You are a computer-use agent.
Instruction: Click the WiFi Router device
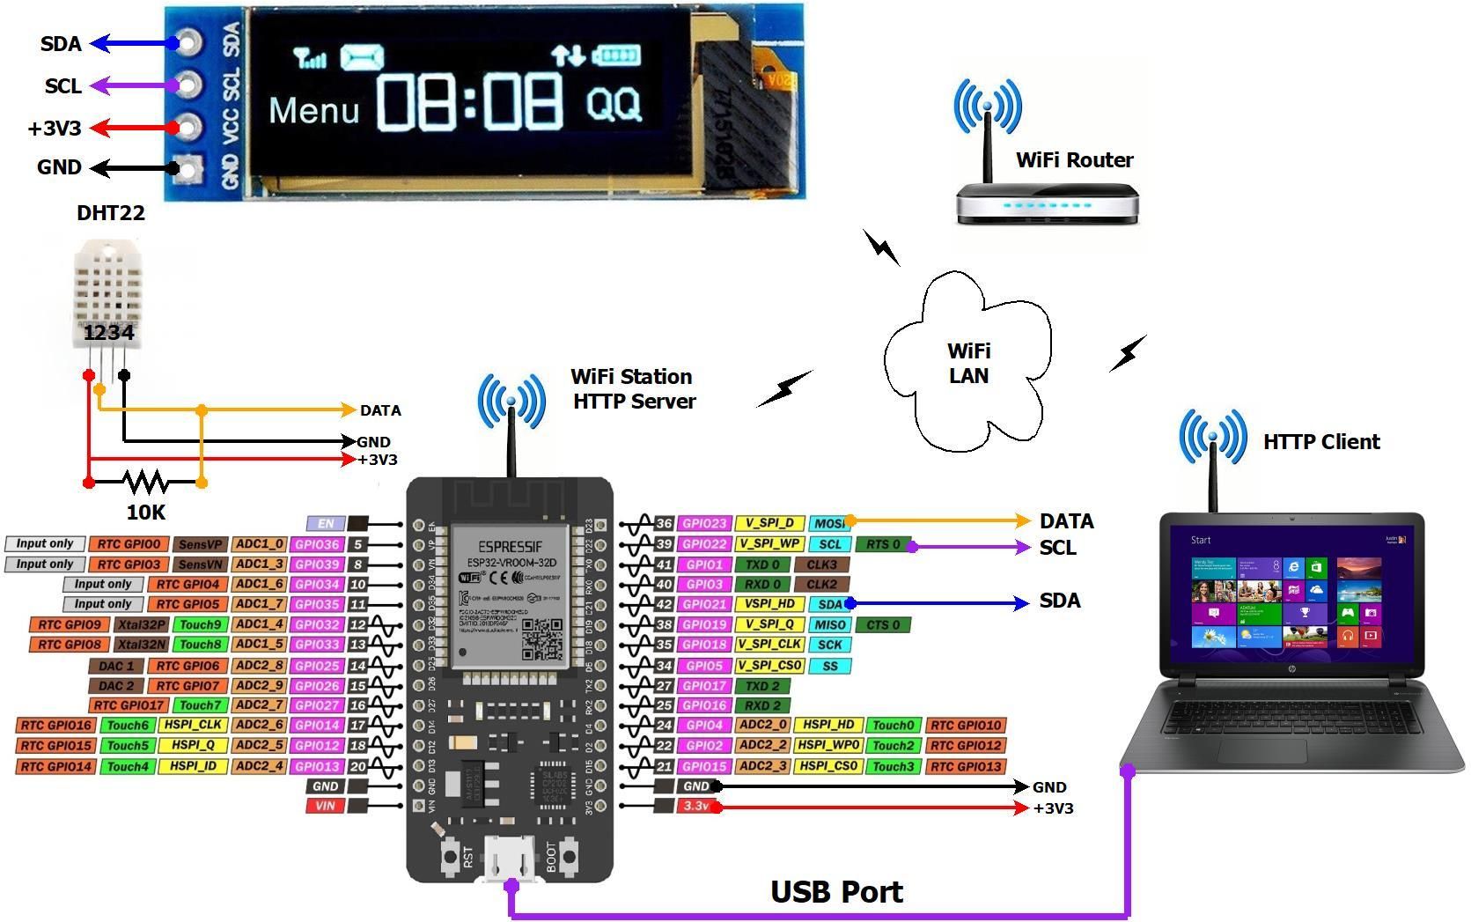pyautogui.click(x=1047, y=202)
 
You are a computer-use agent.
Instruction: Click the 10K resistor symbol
pyautogui.click(x=146, y=482)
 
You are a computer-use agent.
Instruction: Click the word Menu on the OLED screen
pyautogui.click(x=313, y=111)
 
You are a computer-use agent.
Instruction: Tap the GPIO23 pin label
pyautogui.click(x=704, y=523)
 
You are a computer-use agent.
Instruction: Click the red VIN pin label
pyautogui.click(x=325, y=805)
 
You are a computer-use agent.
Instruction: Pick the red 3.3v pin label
pyautogui.click(x=697, y=806)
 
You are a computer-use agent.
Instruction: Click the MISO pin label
pyautogui.click(x=829, y=624)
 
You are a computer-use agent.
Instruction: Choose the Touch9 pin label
pyautogui.click(x=200, y=624)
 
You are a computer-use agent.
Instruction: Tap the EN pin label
pyautogui.click(x=325, y=523)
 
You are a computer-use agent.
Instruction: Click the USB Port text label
pyautogui.click(x=836, y=891)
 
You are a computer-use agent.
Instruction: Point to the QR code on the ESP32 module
pyautogui.click(x=541, y=638)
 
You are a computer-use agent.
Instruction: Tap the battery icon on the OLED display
pyautogui.click(x=615, y=56)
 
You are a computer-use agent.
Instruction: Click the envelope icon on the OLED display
pyautogui.click(x=362, y=57)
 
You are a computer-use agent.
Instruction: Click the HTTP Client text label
pyautogui.click(x=1320, y=441)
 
